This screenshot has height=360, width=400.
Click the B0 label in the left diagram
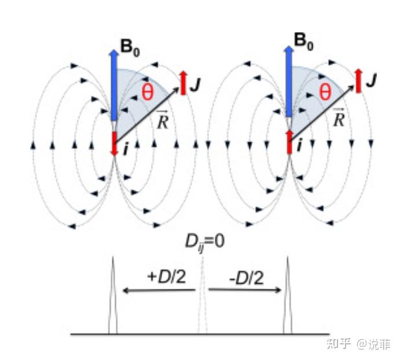130,48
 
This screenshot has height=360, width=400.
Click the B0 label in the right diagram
303,42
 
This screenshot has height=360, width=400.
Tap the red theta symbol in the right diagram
325,92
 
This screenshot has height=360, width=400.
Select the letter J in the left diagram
196,85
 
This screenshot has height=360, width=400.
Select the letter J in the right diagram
371,80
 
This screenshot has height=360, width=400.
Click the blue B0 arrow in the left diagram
114,85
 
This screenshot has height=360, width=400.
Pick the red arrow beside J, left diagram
183,83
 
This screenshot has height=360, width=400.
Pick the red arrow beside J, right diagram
359,80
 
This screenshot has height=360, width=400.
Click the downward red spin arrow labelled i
114,144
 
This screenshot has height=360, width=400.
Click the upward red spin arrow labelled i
289,142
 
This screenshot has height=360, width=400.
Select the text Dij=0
204,243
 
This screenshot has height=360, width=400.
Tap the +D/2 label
167,277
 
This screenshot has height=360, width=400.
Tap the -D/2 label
246,278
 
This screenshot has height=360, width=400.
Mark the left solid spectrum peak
112,295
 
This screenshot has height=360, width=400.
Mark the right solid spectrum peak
288,295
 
